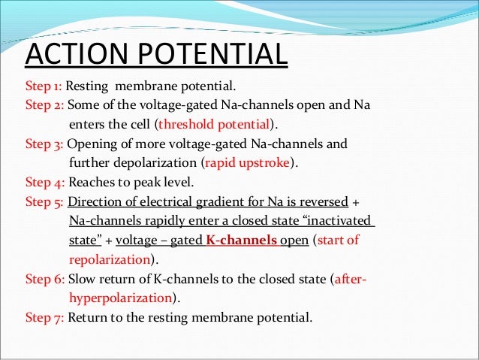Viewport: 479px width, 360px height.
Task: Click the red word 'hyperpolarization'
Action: tap(119, 299)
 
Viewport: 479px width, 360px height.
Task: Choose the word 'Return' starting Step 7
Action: tap(87, 318)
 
